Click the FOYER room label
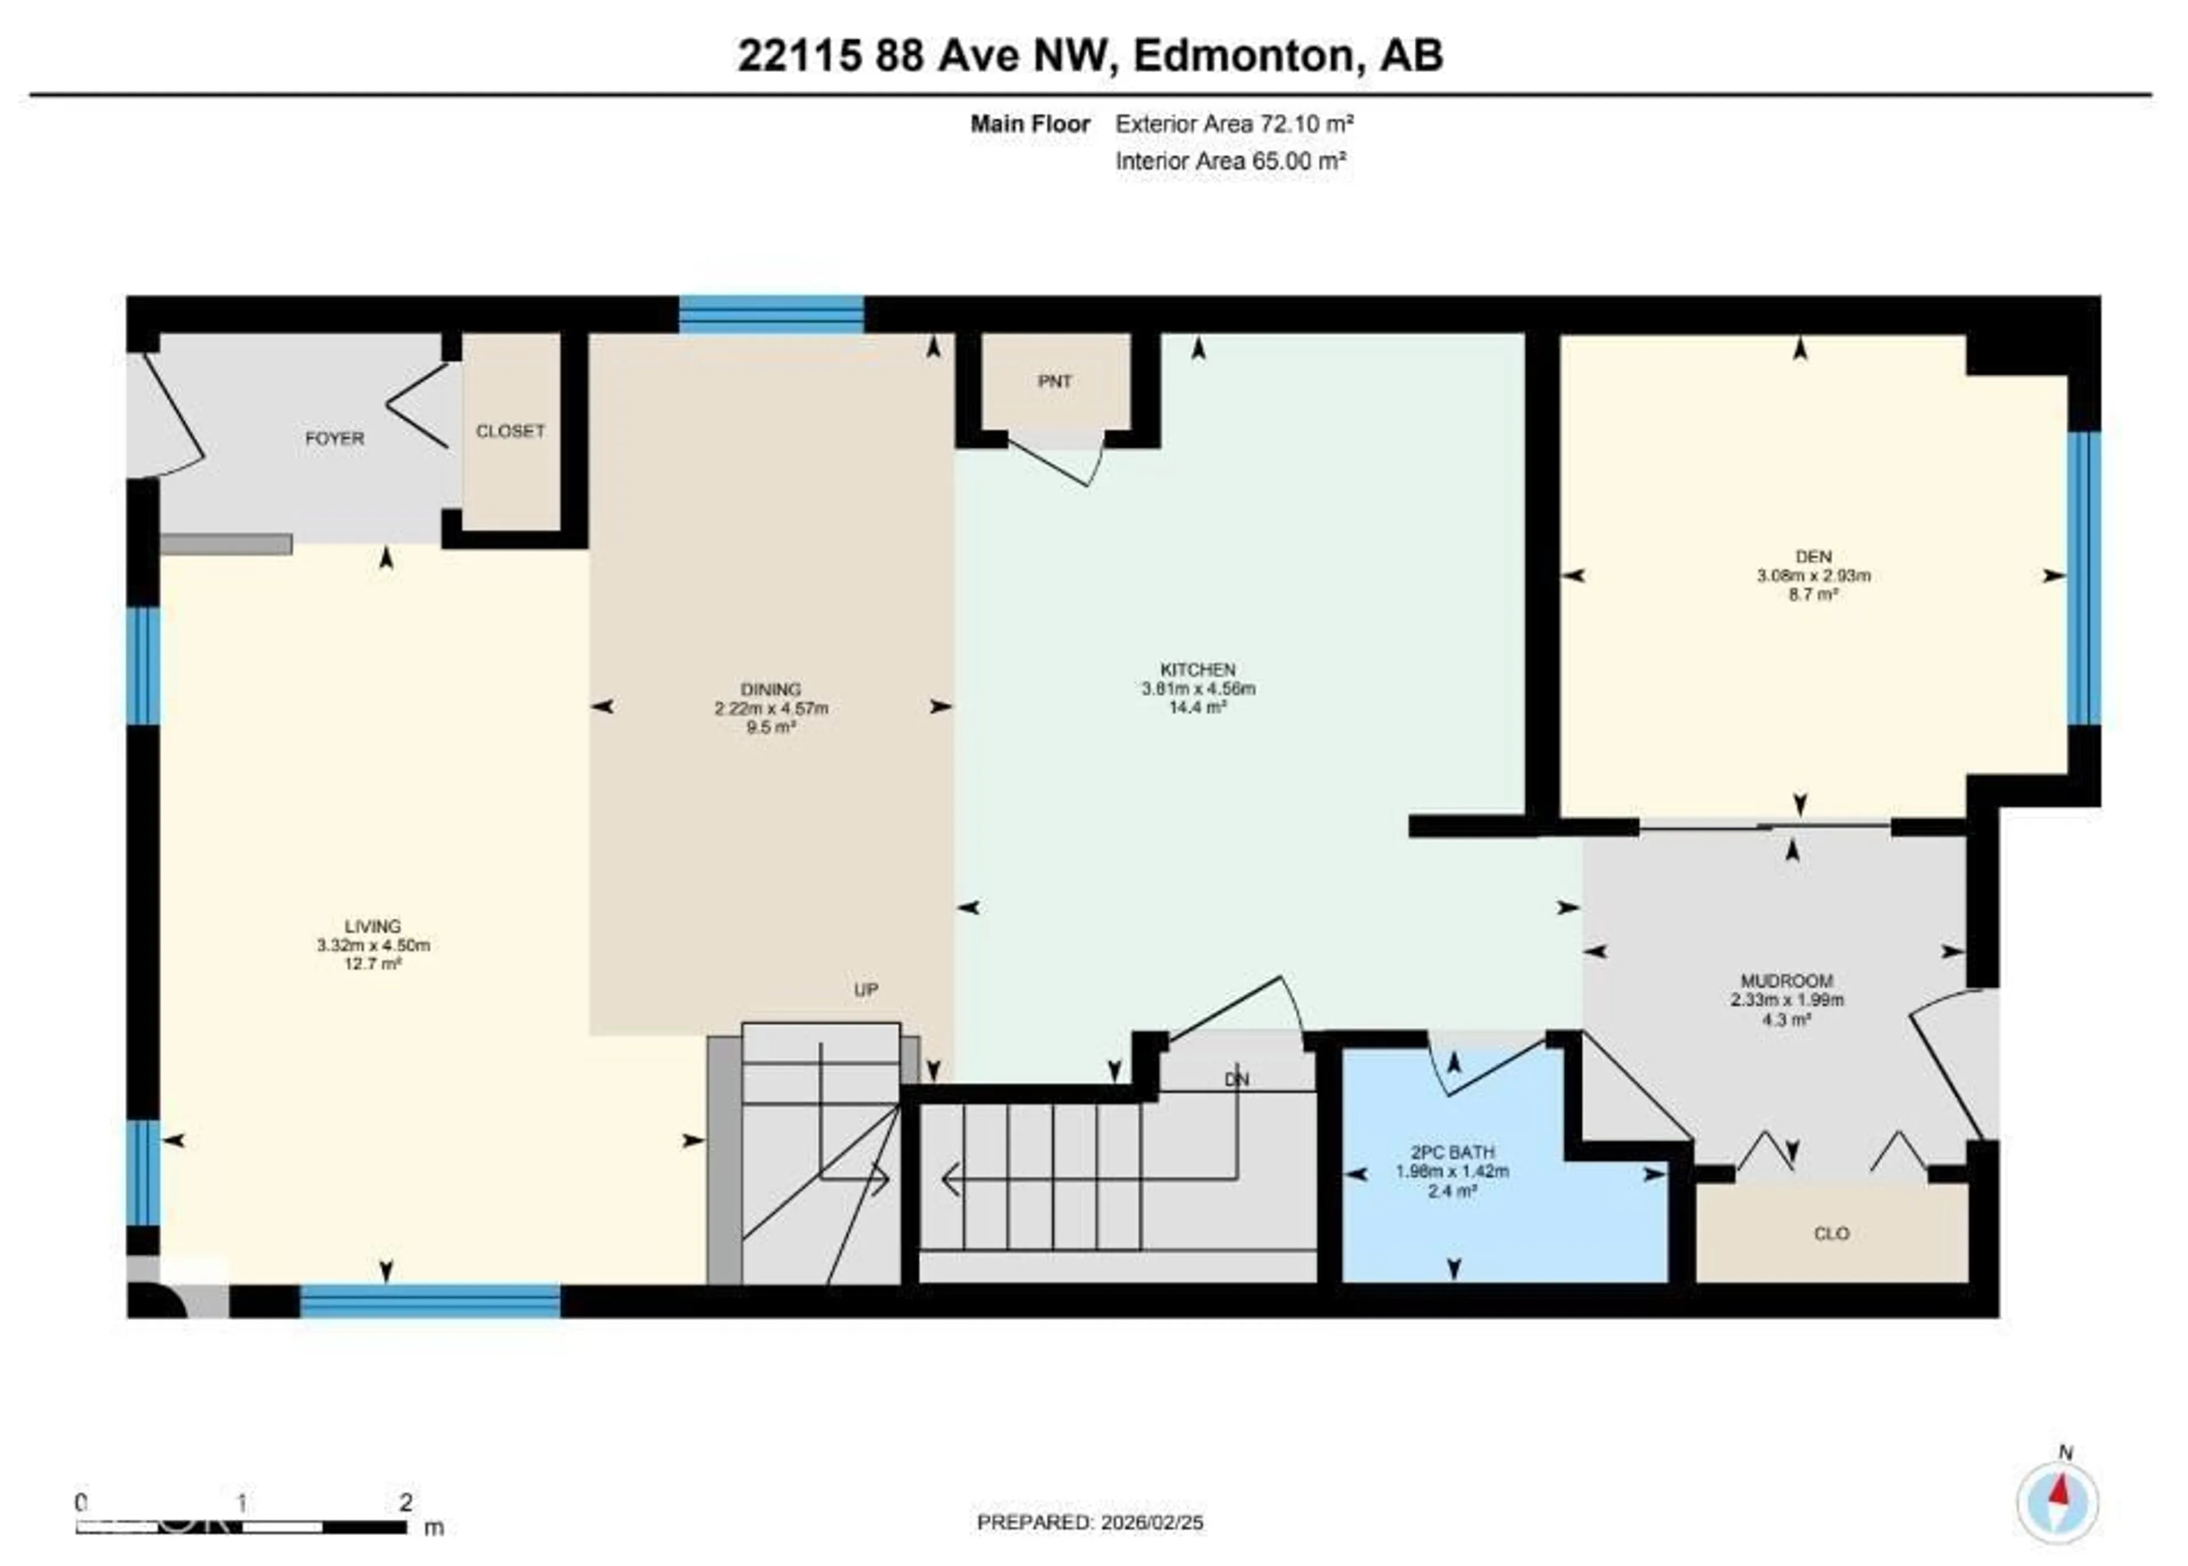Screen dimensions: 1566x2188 click(334, 438)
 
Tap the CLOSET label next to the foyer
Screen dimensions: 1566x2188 click(509, 431)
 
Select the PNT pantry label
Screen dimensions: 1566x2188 click(1054, 381)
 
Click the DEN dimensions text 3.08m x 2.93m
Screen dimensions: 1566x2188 click(1813, 576)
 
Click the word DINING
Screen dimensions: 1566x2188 click(770, 689)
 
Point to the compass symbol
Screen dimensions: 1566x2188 click(2057, 1503)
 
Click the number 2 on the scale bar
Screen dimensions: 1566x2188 click(406, 1502)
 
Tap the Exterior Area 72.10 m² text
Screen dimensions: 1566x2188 click(1234, 124)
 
